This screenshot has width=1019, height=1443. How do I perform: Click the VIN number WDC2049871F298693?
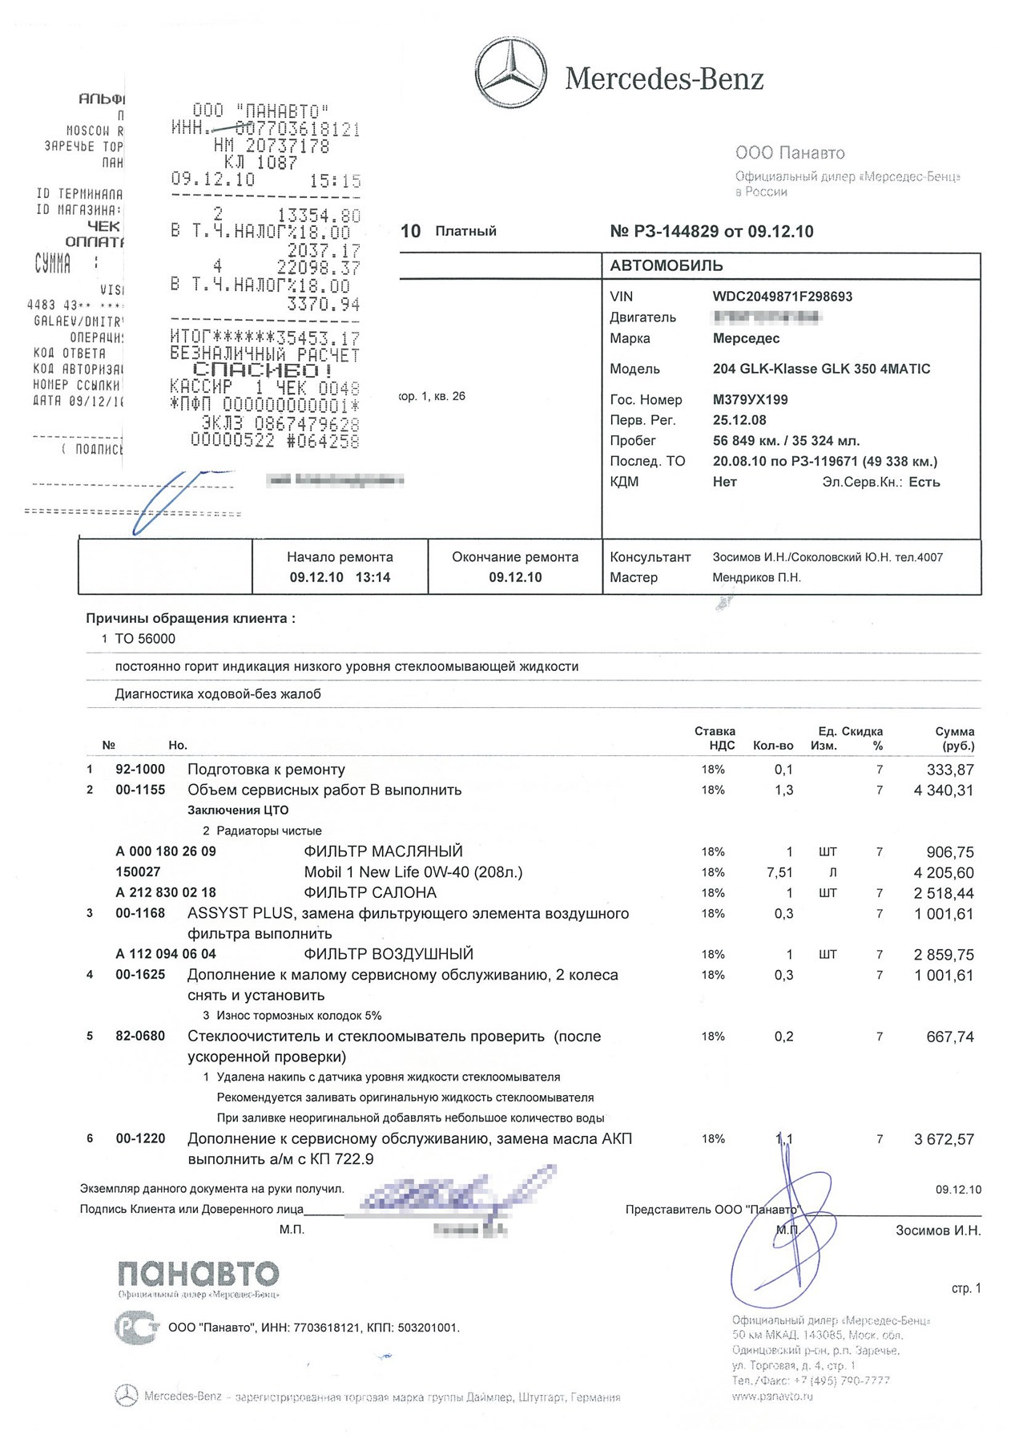click(782, 297)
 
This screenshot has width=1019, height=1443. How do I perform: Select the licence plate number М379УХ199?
click(750, 399)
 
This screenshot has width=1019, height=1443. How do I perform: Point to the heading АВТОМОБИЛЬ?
click(667, 266)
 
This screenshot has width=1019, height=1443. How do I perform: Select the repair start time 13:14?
click(373, 577)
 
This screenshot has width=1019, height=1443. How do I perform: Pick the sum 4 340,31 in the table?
click(944, 790)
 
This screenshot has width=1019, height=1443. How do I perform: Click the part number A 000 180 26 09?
click(166, 851)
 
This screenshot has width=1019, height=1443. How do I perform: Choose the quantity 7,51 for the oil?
click(779, 872)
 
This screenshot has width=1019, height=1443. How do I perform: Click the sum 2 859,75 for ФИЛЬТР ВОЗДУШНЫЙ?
click(944, 955)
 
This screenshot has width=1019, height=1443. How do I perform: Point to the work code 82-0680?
click(140, 1037)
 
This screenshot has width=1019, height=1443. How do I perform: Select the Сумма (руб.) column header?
click(954, 738)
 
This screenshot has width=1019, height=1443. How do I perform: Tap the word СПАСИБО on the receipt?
click(263, 370)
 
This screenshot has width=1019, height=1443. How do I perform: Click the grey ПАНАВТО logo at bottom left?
click(199, 1273)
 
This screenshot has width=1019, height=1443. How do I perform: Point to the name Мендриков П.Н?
click(756, 577)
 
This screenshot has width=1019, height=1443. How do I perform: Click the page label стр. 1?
click(965, 1288)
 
